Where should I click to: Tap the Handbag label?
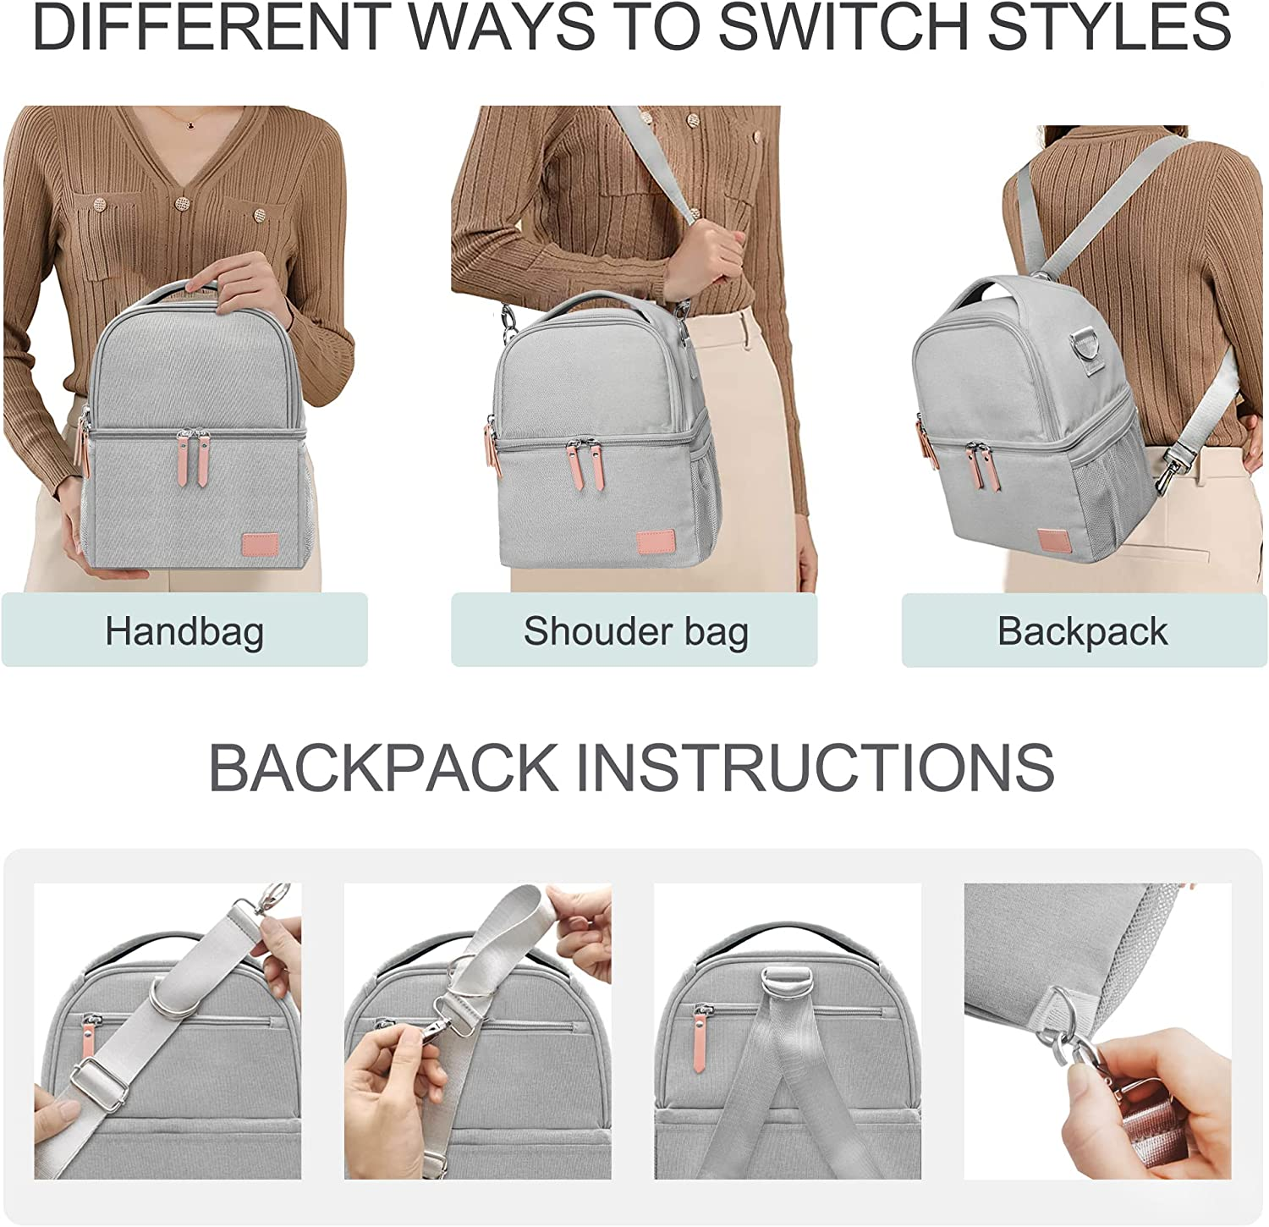184,631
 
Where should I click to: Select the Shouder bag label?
635,631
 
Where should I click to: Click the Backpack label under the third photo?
1082,631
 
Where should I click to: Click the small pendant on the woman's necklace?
187,125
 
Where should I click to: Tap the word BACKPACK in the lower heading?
382,768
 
